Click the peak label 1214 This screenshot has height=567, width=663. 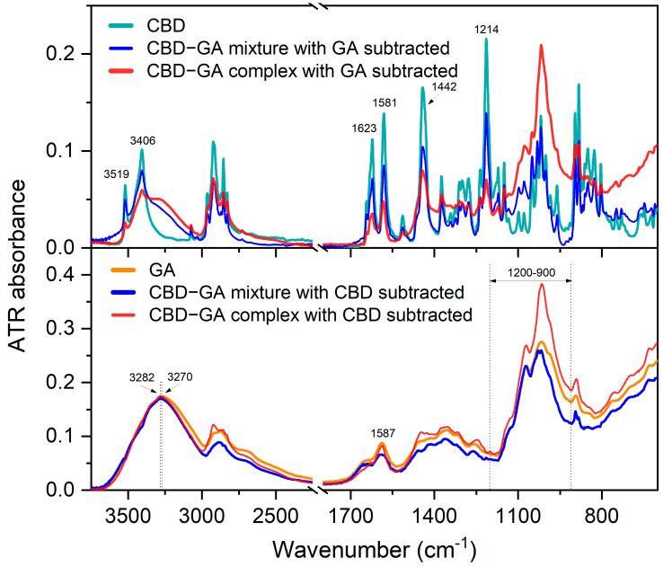487,30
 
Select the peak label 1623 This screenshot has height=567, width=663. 364,128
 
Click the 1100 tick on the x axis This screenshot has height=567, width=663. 517,516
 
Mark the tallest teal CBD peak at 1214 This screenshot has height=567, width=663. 486,40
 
